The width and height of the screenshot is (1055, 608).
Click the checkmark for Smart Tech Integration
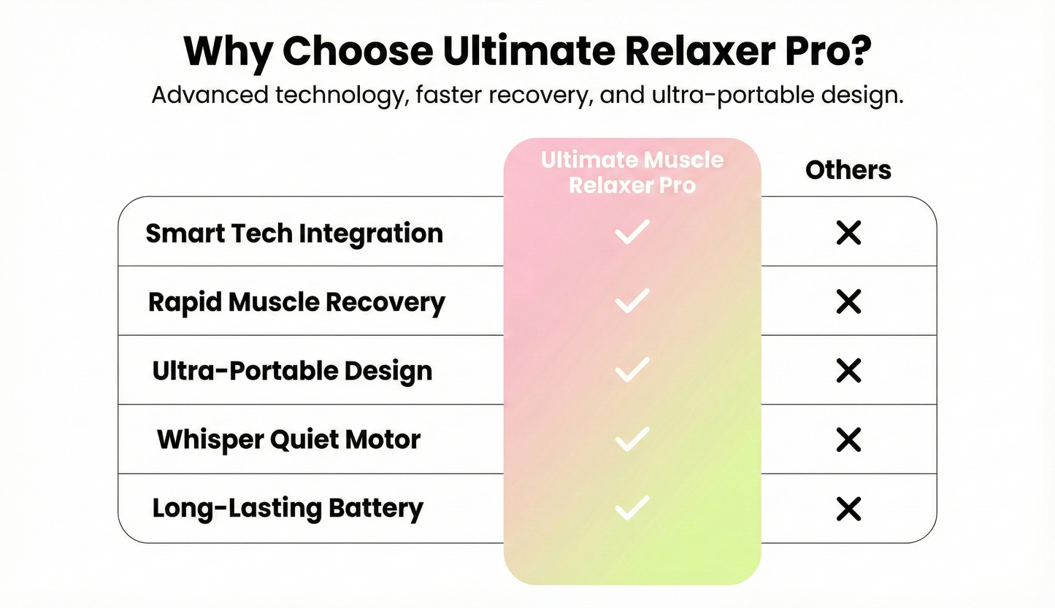632,233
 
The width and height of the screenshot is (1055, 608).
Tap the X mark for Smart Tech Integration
848,234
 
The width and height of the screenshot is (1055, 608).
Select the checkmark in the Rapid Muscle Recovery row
632,301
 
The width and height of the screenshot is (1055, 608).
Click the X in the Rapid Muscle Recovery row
848,301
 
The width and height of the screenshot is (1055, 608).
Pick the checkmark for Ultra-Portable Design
632,370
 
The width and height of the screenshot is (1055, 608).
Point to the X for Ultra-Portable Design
848,371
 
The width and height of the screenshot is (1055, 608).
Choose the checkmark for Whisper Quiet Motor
632,439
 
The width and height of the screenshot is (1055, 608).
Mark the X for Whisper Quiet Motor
848,439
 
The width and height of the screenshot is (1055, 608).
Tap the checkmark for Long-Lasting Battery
632,507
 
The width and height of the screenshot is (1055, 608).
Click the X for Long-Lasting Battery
848,509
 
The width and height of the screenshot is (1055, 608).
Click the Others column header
848,170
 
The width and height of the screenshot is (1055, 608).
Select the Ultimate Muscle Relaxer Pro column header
632,172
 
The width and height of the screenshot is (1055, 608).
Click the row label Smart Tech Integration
294,234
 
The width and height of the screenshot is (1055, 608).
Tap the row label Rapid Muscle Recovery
296,302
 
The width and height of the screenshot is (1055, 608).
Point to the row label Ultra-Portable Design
292,371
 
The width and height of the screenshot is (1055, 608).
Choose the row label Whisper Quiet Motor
289,439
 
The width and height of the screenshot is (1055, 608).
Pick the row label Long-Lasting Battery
288,509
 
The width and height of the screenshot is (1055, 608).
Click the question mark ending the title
862,51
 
